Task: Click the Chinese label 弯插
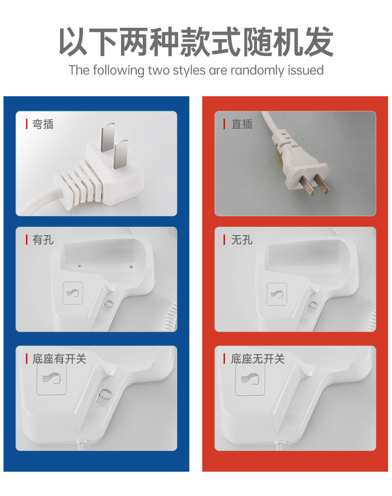pyautogui.click(x=43, y=124)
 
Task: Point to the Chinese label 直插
pyautogui.click(x=242, y=124)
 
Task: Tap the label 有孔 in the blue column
pyautogui.click(x=43, y=240)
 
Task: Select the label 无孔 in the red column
pyautogui.click(x=242, y=240)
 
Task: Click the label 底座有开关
pyautogui.click(x=59, y=359)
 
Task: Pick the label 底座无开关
pyautogui.click(x=258, y=359)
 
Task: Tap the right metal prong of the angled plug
pyautogui.click(x=120, y=155)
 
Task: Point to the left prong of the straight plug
pyautogui.click(x=307, y=185)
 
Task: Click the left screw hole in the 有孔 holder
pyautogui.click(x=80, y=267)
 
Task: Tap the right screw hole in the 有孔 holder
pyautogui.click(x=131, y=267)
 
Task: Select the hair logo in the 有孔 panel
pyautogui.click(x=73, y=293)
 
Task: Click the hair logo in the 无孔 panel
pyautogui.click(x=277, y=294)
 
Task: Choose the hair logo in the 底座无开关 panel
pyautogui.click(x=250, y=378)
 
